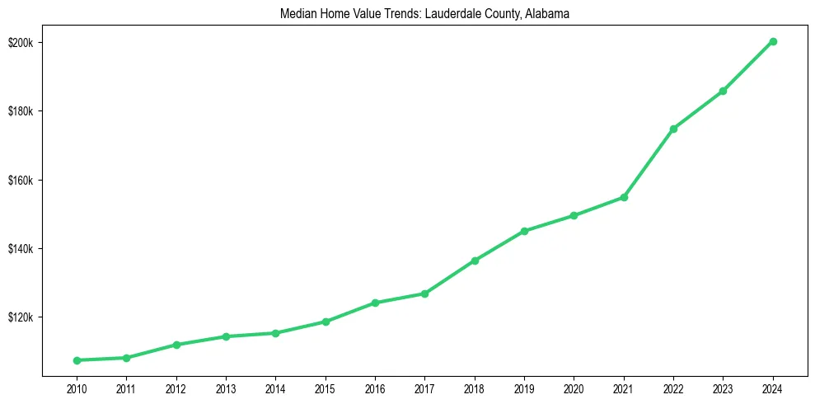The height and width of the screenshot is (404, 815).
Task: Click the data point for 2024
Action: (773, 41)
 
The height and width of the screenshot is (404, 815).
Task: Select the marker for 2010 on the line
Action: (77, 360)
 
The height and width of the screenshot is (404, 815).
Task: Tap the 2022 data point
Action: (673, 129)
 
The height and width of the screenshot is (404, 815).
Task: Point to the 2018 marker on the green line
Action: (475, 261)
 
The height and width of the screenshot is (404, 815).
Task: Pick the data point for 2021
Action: (624, 197)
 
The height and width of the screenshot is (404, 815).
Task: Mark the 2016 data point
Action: (375, 303)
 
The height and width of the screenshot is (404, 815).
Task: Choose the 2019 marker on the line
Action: (524, 231)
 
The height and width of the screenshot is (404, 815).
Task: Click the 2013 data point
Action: (226, 336)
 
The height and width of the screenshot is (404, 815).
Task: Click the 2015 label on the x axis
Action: (326, 388)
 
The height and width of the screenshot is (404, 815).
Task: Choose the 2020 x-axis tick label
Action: (574, 388)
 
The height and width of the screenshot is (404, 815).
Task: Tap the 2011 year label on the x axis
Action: (126, 388)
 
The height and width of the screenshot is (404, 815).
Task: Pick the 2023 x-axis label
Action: (723, 388)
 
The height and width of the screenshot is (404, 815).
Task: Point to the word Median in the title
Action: (296, 14)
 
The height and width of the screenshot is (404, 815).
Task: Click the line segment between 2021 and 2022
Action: (649, 163)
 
